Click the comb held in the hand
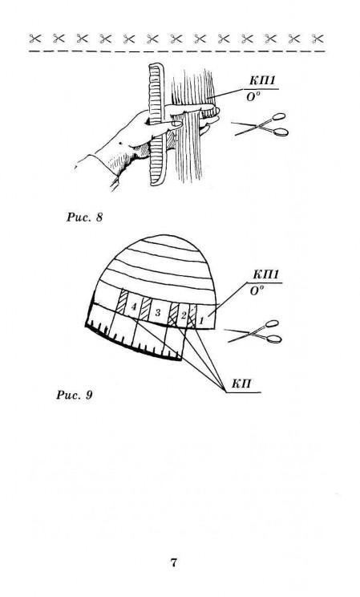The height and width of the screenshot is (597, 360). tap(156, 125)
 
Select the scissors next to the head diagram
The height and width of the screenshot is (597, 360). tap(254, 331)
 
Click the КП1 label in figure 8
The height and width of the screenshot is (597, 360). tap(262, 81)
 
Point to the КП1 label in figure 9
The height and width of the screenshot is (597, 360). tap(265, 274)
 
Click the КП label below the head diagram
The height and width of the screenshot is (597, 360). tap(241, 384)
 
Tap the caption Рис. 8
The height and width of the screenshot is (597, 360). tap(84, 217)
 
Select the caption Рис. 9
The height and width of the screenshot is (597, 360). tap(75, 395)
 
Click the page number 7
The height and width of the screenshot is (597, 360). tap(173, 562)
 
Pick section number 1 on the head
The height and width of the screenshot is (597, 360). tap(201, 321)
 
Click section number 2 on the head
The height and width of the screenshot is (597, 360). tap(183, 315)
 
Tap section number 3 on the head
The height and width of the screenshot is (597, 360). tap(158, 313)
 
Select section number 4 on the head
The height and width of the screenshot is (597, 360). tap(133, 306)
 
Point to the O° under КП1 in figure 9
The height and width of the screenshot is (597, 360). tap(257, 291)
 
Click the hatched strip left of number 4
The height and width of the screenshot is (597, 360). tap(122, 303)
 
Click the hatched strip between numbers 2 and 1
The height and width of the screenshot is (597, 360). tap(192, 315)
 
